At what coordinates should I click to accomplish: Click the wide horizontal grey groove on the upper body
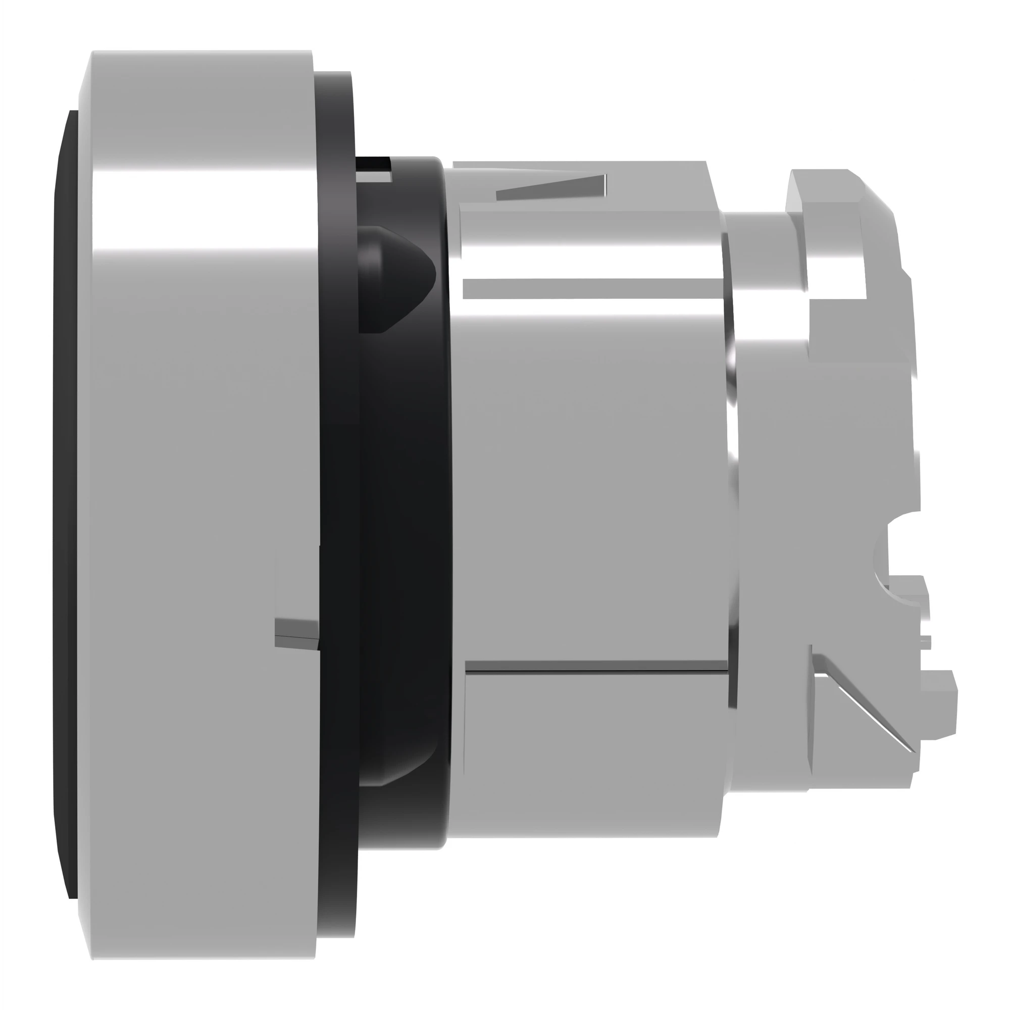click(591, 288)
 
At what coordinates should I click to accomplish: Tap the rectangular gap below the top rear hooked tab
click(836, 324)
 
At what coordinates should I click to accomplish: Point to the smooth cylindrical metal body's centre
click(591, 471)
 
